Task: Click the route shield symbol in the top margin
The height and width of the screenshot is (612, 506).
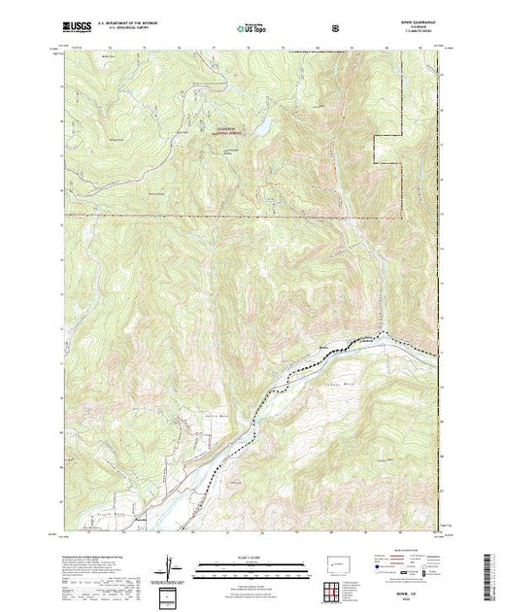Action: point(335,28)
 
